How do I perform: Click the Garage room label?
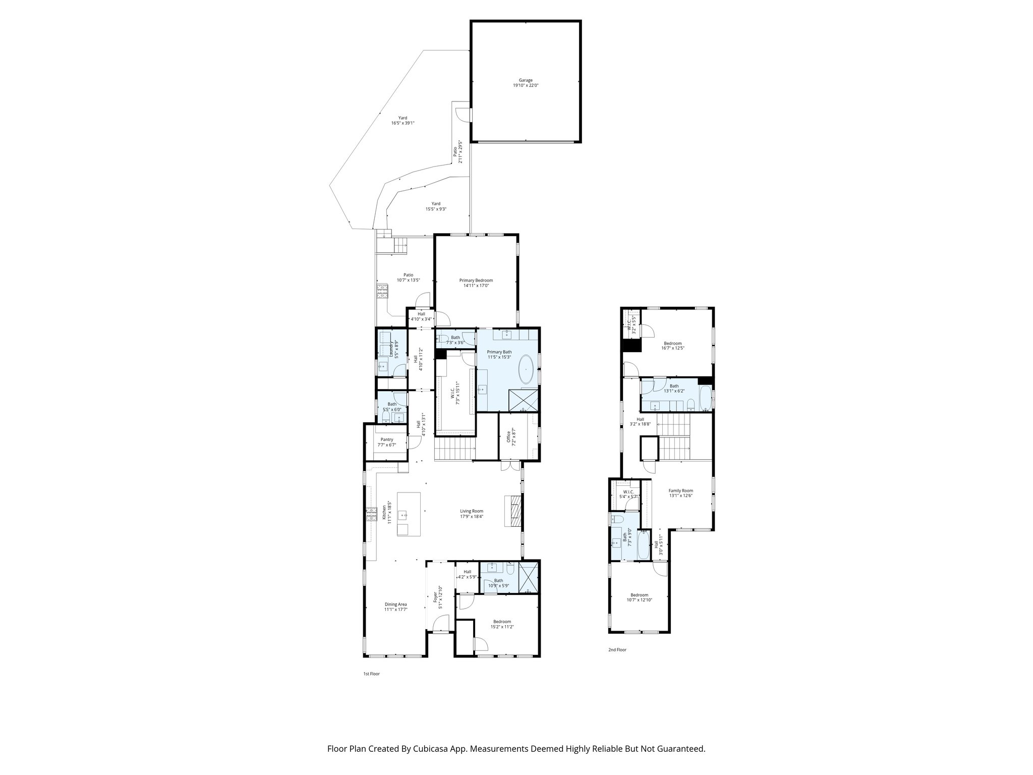pyautogui.click(x=526, y=80)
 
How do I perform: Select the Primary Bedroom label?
pyautogui.click(x=476, y=280)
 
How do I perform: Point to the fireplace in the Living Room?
pyautogui.click(x=512, y=511)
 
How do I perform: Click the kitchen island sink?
pyautogui.click(x=403, y=515)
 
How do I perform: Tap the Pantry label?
pyautogui.click(x=386, y=439)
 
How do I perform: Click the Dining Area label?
pyautogui.click(x=395, y=604)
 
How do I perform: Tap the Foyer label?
pyautogui.click(x=435, y=597)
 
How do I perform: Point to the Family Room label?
pyautogui.click(x=680, y=490)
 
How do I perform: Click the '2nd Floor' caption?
pyautogui.click(x=617, y=650)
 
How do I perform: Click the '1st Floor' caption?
pyautogui.click(x=371, y=674)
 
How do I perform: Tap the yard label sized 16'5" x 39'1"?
pyautogui.click(x=402, y=118)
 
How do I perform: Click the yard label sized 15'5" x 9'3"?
pyautogui.click(x=435, y=204)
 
